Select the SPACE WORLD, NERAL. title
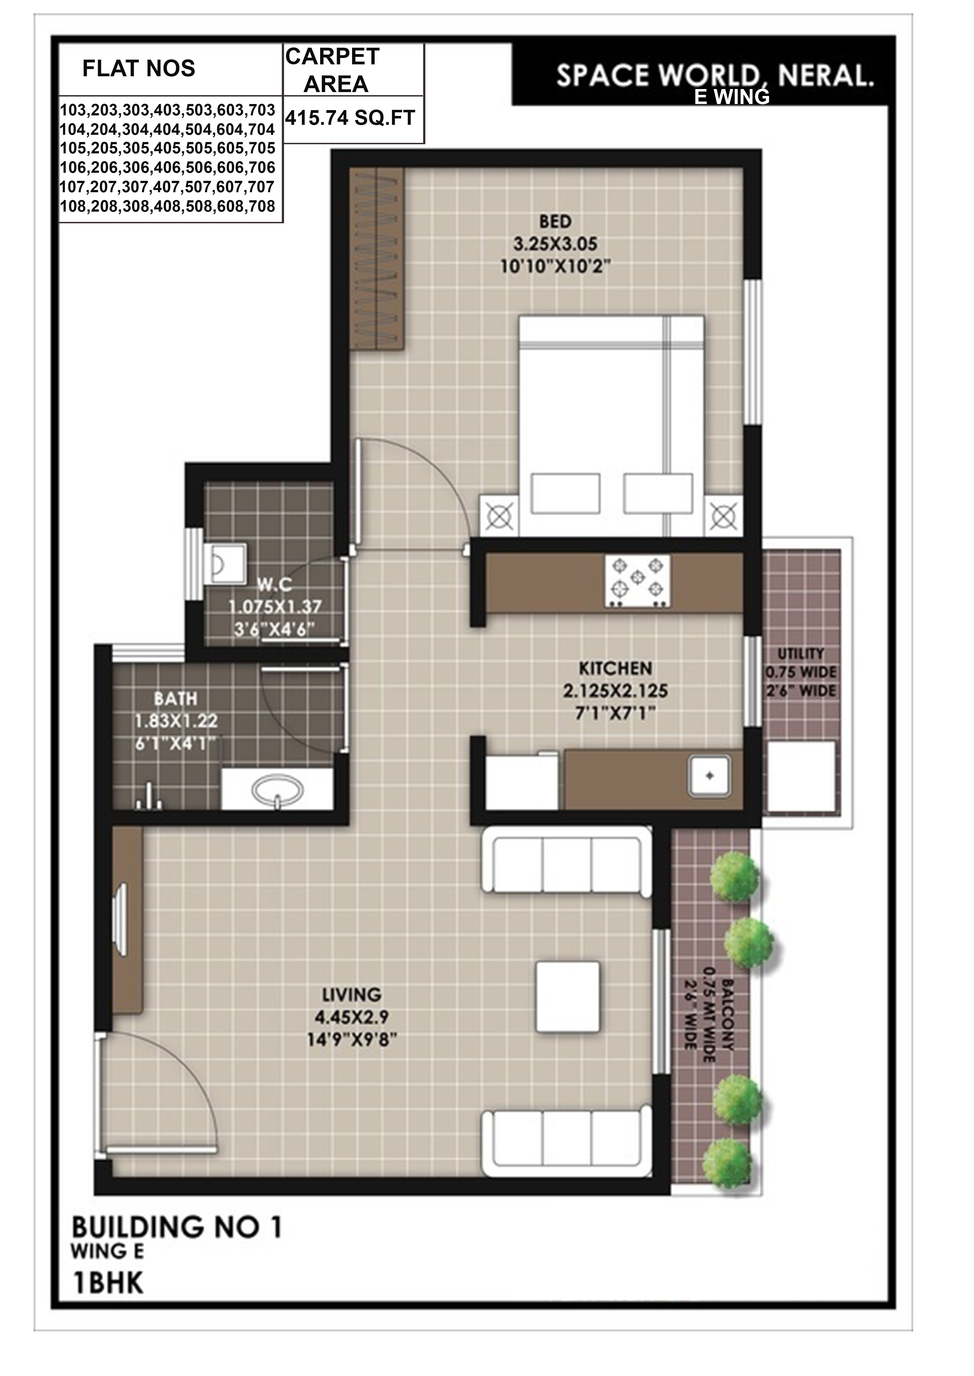coord(715,76)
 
